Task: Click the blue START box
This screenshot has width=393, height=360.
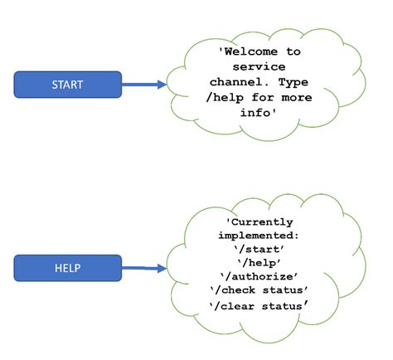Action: tap(68, 84)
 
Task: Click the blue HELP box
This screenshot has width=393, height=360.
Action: tap(68, 268)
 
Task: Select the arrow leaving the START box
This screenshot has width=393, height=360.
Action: tap(144, 84)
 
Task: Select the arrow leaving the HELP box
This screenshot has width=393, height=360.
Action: tap(144, 268)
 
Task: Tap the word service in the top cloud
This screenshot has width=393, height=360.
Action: tap(260, 66)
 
